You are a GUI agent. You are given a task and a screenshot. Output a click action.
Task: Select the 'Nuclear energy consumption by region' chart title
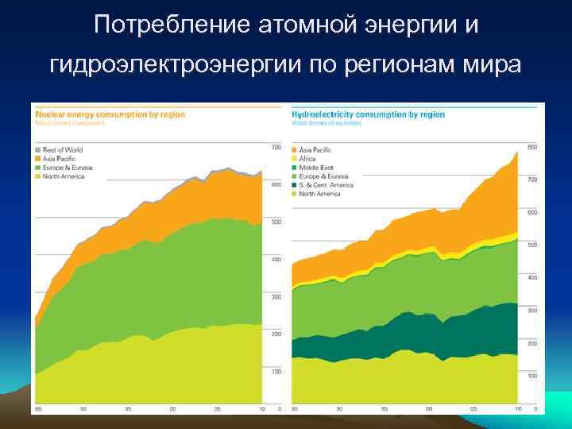point(110,114)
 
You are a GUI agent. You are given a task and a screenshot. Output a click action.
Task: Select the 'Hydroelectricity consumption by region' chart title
point(369,114)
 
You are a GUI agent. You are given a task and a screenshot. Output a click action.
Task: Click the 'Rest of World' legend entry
point(62,149)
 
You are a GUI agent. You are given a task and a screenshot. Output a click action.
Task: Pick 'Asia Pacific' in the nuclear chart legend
point(60,158)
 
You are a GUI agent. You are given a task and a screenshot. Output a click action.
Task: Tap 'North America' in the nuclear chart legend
point(63,176)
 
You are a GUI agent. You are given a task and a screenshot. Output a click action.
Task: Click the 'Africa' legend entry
point(307,159)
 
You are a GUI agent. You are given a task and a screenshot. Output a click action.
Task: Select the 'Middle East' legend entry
point(315,168)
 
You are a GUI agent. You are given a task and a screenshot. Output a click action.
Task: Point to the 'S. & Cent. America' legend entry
point(326,185)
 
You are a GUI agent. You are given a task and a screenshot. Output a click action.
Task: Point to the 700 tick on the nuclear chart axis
point(276,148)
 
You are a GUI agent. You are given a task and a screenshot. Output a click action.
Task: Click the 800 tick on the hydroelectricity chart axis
point(532,148)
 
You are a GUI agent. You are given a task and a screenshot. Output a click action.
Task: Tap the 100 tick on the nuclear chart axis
point(276,371)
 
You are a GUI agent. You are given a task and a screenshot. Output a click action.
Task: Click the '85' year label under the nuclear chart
point(36,409)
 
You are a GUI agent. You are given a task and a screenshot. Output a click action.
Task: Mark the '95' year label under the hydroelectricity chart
point(385,409)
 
